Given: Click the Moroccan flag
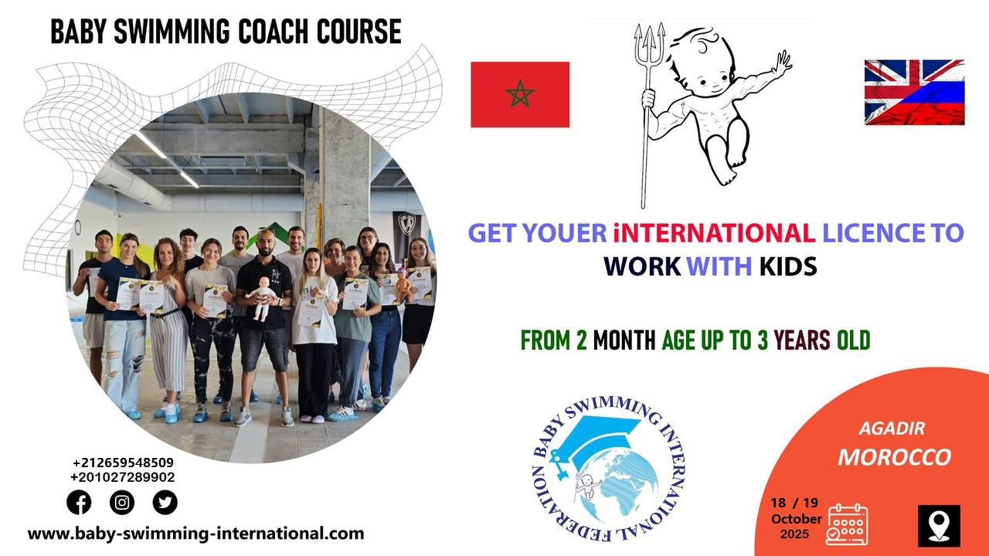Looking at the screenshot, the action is point(520,94).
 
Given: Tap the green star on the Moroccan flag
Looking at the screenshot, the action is point(520,93).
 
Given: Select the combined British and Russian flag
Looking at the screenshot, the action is point(914,92).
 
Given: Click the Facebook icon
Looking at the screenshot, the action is point(79,502).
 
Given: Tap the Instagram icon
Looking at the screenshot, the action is point(122,502).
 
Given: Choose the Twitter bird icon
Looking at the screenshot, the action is point(165,502).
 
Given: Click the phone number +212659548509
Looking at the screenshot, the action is point(123,463).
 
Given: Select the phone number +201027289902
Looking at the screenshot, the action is point(123,477).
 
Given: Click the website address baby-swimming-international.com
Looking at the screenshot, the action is point(196,534).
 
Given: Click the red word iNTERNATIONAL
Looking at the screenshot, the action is point(714,232).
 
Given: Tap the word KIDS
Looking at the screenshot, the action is point(788,266).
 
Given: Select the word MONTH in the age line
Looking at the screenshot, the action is point(624,341).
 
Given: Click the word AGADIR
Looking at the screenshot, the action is point(892,429).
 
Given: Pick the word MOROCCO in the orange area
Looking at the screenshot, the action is point(895,457).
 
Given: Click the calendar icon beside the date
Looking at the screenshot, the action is point(847,524).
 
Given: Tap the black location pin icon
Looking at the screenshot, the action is point(939,526).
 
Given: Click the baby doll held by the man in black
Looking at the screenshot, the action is point(262,299).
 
